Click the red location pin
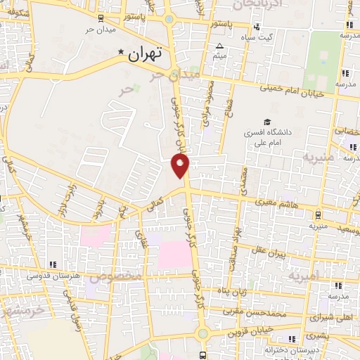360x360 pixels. pos(181,165)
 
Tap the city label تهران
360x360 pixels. pos(146,53)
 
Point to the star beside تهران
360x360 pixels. pos(122,53)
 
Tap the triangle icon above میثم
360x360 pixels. pos(219,44)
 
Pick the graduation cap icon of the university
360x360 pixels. pos(266,121)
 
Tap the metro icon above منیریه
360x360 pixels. pos(319,214)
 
